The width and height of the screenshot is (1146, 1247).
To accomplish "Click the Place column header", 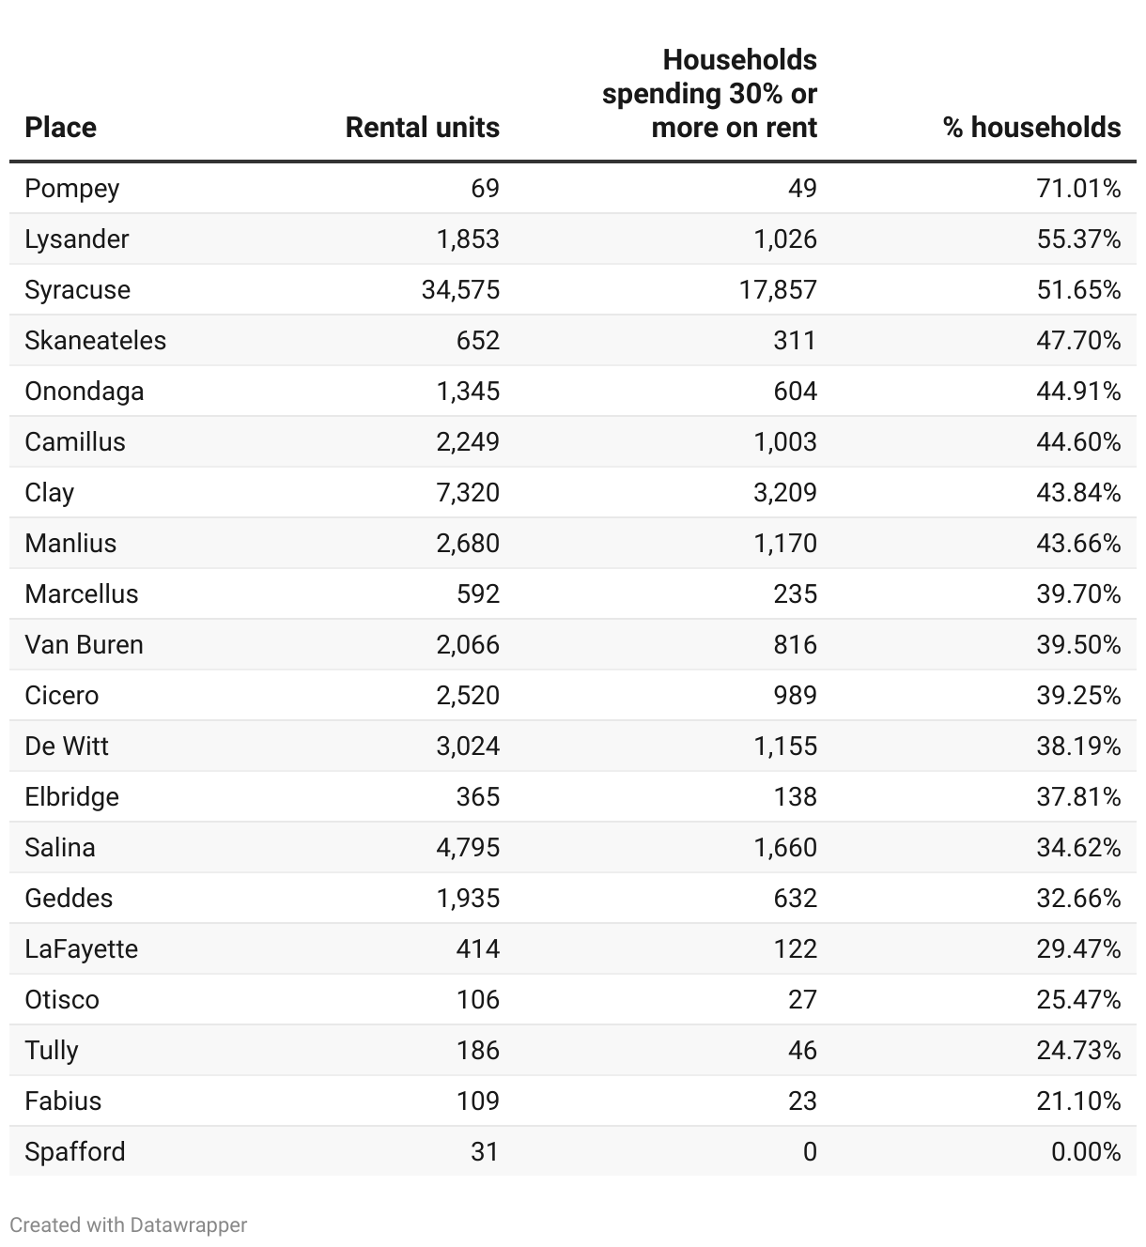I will (x=60, y=128).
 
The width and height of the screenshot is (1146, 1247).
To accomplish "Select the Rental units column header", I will (x=422, y=128).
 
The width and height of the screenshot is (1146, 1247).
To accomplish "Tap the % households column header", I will (x=1031, y=128).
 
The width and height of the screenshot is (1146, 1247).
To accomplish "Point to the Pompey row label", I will (x=72, y=189).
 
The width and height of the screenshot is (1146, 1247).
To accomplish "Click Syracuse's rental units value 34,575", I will (x=460, y=290).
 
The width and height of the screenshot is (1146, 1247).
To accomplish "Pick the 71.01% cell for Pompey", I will (x=1078, y=189).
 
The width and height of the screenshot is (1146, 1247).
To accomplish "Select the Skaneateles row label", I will (x=95, y=341).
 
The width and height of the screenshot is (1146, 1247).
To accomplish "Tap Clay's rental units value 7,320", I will (x=468, y=493).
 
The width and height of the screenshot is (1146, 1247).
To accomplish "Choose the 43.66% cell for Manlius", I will (x=1078, y=544).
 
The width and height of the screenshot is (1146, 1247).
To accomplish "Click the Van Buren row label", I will (x=84, y=645).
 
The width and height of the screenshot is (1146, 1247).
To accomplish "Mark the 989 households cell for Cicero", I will (x=795, y=696).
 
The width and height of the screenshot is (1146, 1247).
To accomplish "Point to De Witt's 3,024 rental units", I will (x=468, y=747).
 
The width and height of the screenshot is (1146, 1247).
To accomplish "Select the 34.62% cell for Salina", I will (x=1078, y=848).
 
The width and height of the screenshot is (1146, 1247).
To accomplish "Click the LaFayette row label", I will (x=81, y=949).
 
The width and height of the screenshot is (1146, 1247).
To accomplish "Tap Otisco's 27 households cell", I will (x=802, y=1000).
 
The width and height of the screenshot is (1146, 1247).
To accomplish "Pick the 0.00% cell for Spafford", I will (x=1086, y=1152).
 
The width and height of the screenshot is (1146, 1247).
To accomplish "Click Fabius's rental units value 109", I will (x=477, y=1101).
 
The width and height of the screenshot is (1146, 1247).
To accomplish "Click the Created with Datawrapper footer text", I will (x=129, y=1225).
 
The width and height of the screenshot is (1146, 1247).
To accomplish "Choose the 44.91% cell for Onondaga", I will (x=1078, y=392).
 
